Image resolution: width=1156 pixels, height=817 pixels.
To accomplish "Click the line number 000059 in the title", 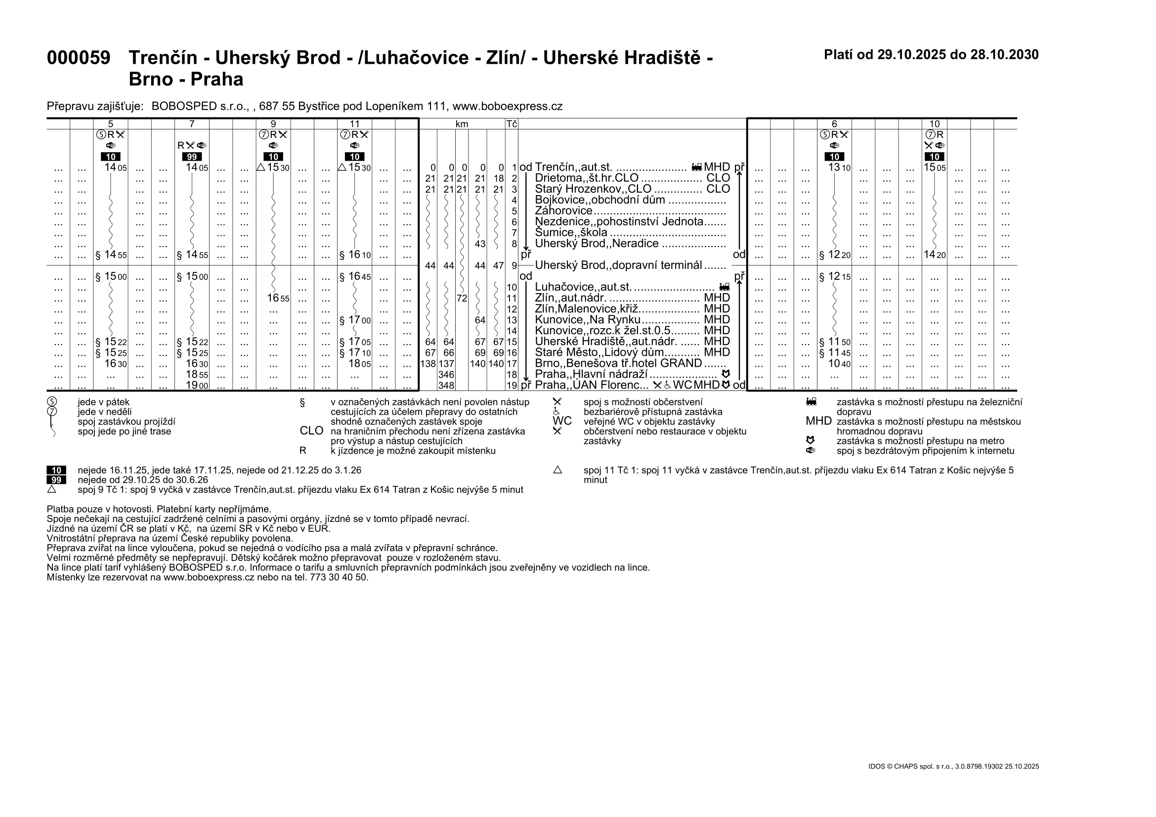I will (x=78, y=58).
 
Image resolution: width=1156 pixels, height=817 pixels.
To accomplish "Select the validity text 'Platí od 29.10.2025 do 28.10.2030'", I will (x=931, y=55).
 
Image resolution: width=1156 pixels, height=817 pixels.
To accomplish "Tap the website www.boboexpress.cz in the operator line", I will (x=507, y=106).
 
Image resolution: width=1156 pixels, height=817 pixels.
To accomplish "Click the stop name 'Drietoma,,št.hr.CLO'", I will (x=586, y=178).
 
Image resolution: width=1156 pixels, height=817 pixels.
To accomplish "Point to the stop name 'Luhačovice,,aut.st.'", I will (x=583, y=287).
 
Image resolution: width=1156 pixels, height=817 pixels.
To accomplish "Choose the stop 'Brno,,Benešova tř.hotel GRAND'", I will (x=618, y=363).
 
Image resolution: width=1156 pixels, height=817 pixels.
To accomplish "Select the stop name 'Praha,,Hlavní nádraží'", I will (x=591, y=375).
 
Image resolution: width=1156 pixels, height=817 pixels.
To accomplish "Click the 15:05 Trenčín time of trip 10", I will (x=935, y=167).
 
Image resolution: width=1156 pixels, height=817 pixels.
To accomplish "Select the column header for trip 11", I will (x=354, y=124).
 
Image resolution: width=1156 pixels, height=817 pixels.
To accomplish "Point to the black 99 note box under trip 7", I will (x=192, y=157).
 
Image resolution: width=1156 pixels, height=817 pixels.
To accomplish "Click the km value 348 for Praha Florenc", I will (x=446, y=386).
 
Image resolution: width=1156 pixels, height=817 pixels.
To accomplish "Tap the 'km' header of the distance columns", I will (x=462, y=124).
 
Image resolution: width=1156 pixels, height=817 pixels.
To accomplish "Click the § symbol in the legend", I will (x=302, y=402).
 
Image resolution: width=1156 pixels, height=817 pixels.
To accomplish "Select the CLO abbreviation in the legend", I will (x=311, y=431).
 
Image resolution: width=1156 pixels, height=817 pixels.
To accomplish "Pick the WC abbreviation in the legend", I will (x=562, y=421).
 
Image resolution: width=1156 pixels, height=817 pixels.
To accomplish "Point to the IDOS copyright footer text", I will (x=953, y=767).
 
